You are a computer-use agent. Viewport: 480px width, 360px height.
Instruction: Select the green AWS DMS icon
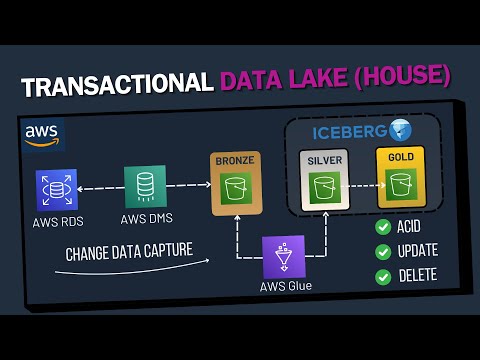point(145,187)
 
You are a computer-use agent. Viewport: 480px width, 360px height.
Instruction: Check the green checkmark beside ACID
point(383,227)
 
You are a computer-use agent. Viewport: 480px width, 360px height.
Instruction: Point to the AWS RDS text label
point(57,222)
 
